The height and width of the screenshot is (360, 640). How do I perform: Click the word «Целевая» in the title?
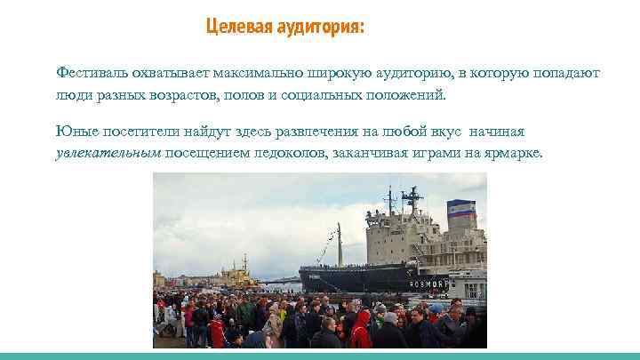pos(234,27)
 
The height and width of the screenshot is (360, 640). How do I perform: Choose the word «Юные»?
pos(73,132)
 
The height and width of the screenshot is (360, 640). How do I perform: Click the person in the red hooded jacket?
pos(361,330)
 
